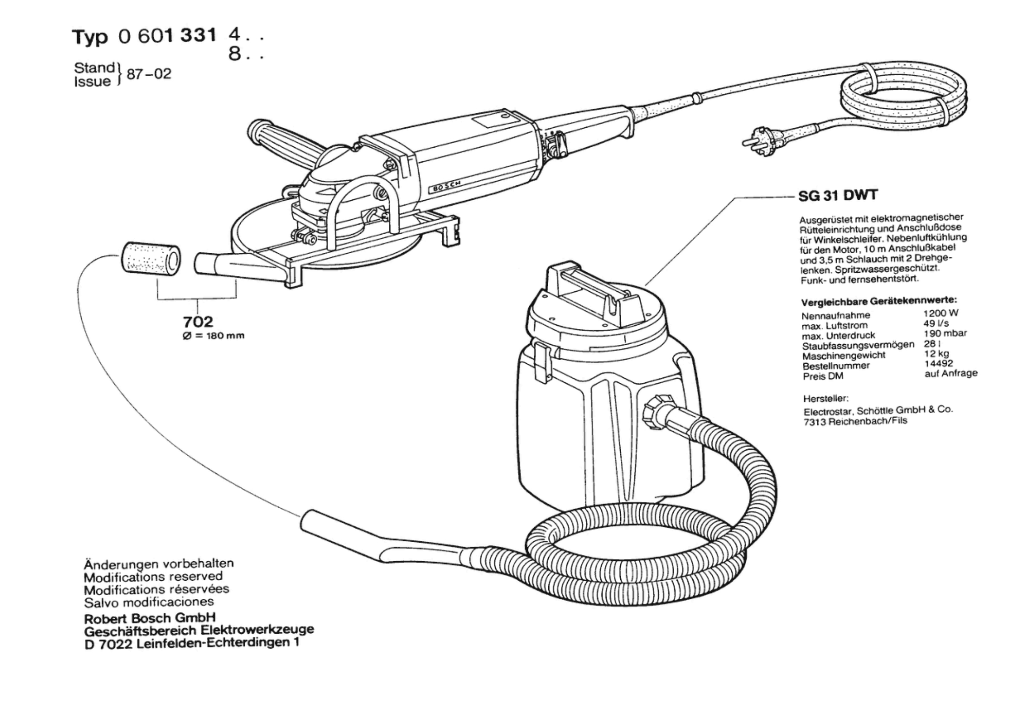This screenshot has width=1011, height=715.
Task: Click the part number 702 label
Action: (x=198, y=321)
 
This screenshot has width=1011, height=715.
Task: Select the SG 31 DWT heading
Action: (x=838, y=196)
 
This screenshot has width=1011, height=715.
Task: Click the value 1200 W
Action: (x=940, y=313)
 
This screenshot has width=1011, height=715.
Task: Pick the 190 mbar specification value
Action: (x=945, y=333)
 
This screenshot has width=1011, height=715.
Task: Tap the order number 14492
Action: (x=938, y=363)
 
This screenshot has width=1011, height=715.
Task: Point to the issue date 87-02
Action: (x=149, y=74)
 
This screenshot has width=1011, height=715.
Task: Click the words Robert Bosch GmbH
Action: (x=150, y=618)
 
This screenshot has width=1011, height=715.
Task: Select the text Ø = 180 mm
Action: (x=213, y=336)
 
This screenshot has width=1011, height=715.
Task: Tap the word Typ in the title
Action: (x=90, y=37)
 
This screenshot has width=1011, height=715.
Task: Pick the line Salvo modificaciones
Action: (x=149, y=603)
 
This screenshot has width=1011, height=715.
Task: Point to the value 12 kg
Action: (x=936, y=354)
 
